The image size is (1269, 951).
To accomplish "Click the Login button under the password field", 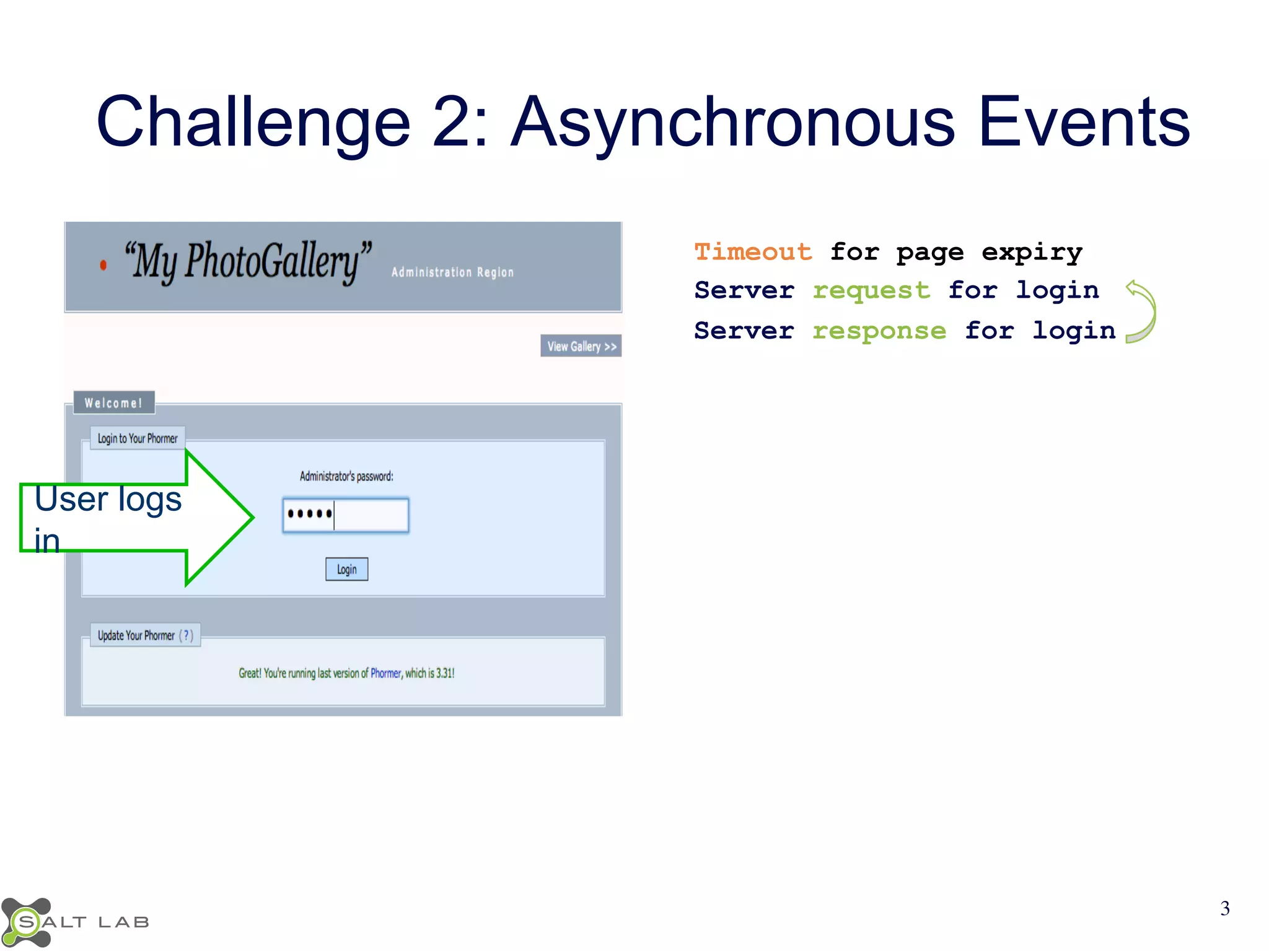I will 346,569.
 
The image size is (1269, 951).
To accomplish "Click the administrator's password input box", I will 346,515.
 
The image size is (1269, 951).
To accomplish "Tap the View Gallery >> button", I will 581,346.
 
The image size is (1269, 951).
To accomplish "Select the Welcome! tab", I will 114,403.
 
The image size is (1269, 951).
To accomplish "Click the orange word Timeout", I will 752,252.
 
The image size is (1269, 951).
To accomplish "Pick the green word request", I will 871,290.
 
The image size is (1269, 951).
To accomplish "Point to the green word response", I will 879,331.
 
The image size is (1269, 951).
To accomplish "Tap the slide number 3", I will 1224,908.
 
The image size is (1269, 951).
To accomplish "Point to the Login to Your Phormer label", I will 138,438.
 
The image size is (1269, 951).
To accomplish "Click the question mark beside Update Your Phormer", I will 186,635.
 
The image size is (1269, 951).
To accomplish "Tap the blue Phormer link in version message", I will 385,673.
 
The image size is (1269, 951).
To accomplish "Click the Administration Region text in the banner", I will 452,272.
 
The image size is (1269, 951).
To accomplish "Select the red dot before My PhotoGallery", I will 103,265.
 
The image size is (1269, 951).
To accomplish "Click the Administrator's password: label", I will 346,476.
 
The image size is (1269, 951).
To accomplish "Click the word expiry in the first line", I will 1032,252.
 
